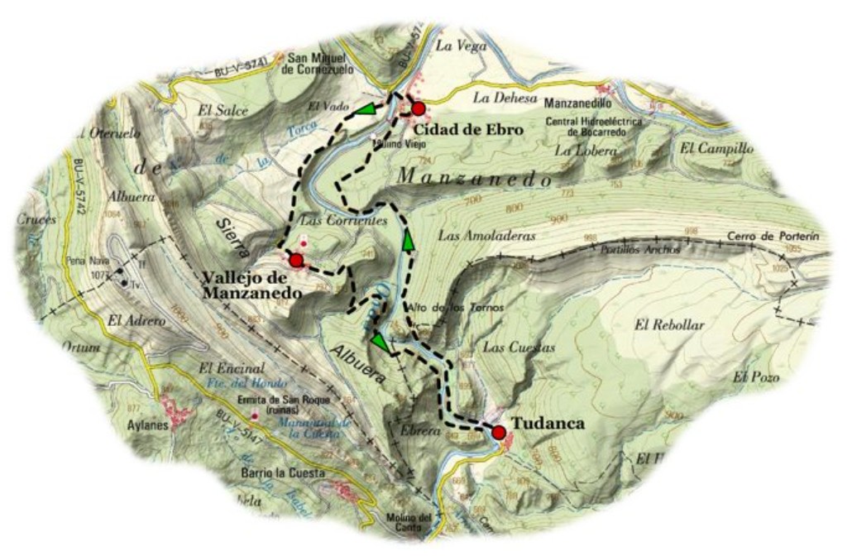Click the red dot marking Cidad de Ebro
(x=419, y=108)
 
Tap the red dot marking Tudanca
(x=498, y=432)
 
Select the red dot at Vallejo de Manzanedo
(x=296, y=261)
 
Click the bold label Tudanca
(x=548, y=424)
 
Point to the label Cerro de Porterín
(x=773, y=237)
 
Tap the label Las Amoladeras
(x=487, y=236)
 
